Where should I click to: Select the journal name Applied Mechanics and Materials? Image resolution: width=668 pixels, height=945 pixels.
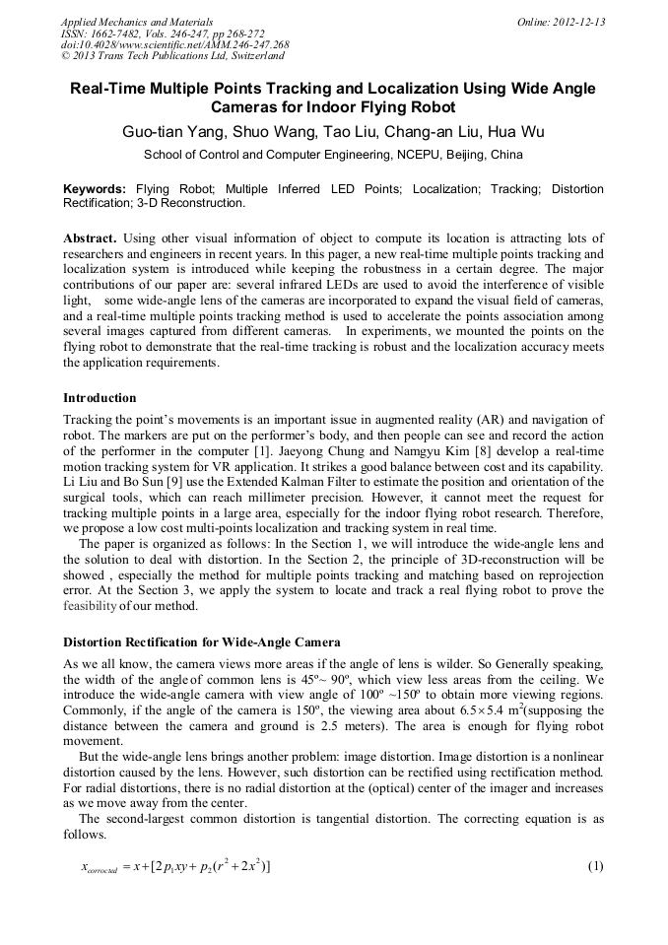click(137, 22)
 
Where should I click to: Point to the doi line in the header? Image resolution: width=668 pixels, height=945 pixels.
click(175, 45)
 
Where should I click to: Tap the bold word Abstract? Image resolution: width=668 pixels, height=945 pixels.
click(90, 238)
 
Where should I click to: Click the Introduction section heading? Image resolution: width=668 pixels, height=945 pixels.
click(100, 398)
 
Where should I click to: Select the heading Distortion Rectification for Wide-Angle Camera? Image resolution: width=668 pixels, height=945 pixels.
click(202, 642)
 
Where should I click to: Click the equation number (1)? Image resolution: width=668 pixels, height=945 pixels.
click(594, 866)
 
